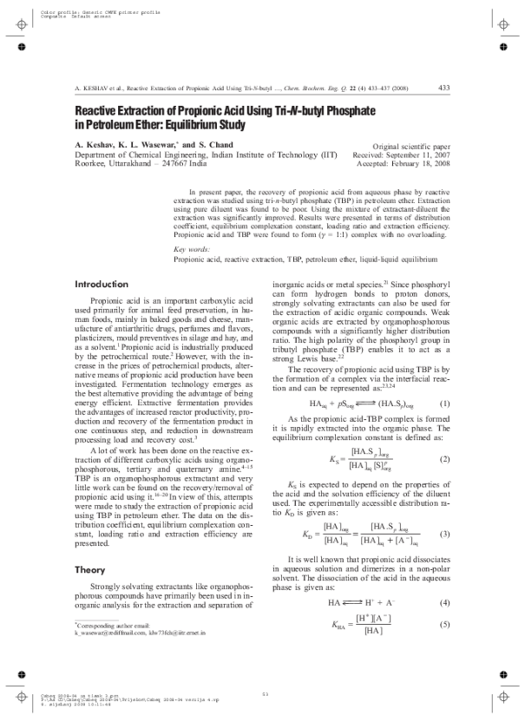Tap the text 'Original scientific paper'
pyautogui.click(x=411, y=146)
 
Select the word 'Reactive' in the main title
pyautogui.click(x=103, y=112)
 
